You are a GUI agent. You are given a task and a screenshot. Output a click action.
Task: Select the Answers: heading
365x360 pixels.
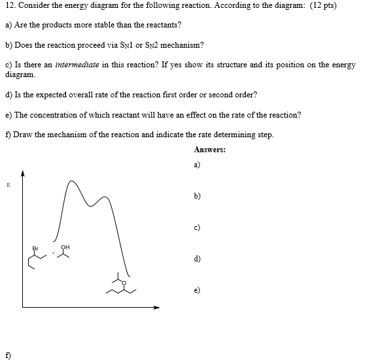click(209, 150)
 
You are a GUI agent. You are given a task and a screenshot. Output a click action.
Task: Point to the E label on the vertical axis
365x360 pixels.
click(9, 185)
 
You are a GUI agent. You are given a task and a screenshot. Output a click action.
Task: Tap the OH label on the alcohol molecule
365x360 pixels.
click(65, 247)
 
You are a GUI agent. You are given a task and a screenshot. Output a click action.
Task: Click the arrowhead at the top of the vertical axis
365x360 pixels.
click(24, 172)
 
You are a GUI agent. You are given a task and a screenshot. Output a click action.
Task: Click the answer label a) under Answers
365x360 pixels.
click(198, 165)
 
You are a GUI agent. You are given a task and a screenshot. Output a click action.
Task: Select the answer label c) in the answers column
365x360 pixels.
click(198, 227)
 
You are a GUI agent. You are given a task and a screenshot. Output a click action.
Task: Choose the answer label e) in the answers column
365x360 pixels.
click(198, 289)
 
